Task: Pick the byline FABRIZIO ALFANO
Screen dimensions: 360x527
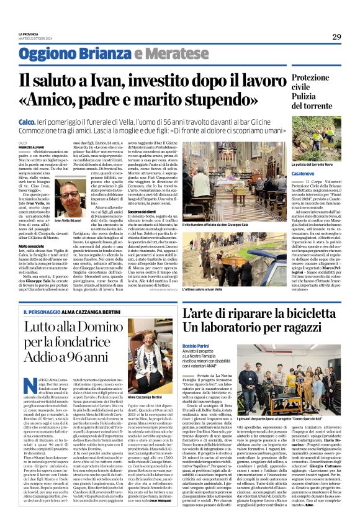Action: [30, 146]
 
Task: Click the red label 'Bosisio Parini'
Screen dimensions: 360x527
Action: [197, 345]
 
